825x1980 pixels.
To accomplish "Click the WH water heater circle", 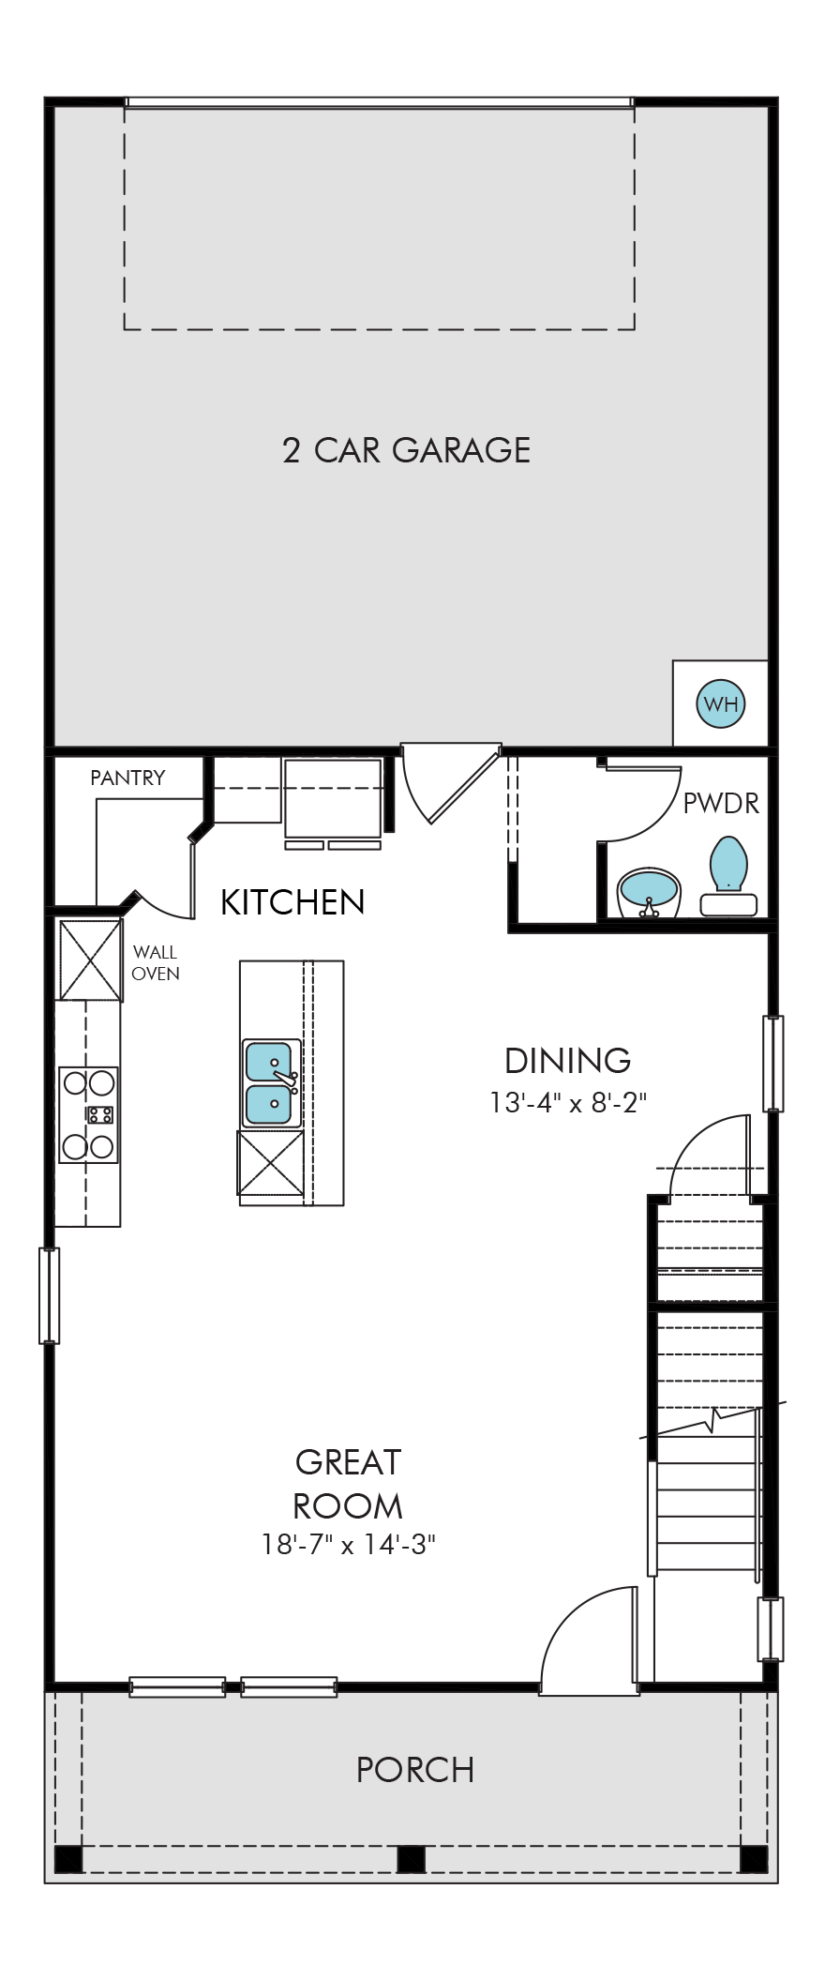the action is tap(720, 703).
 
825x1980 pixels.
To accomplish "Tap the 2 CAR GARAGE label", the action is tap(407, 450).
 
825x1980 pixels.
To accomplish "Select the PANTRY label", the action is tap(127, 778).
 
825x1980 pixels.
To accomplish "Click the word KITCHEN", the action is tap(292, 902).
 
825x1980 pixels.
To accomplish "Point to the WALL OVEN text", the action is tap(156, 963).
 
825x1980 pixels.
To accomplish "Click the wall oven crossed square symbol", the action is tap(91, 960).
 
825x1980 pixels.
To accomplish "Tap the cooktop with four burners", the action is tap(88, 1114).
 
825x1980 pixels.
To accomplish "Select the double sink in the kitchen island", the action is tap(271, 1082).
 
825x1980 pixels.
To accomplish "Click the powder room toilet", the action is tap(728, 876).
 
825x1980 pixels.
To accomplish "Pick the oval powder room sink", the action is tap(649, 888).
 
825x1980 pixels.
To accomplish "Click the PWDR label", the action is tap(721, 804).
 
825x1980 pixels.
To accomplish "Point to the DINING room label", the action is tap(568, 1061).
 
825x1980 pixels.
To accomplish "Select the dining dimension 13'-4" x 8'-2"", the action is tap(568, 1102).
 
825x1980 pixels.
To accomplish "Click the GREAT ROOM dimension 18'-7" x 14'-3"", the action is tap(349, 1545).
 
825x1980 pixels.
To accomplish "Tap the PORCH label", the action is tap(415, 1770).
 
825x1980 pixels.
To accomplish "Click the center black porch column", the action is tap(411, 1858).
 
